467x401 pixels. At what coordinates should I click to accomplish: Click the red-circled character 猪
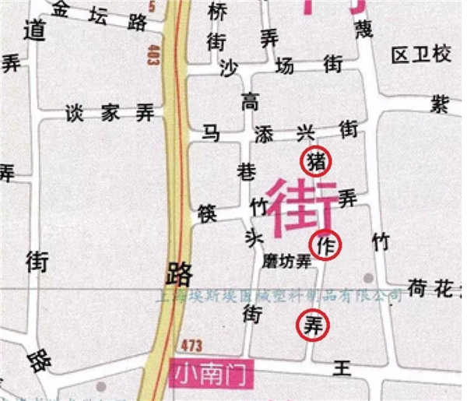pos(316,162)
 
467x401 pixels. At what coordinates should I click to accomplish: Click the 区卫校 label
pos(421,55)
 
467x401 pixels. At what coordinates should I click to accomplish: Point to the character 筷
pos(208,213)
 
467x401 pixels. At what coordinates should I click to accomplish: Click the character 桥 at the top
pos(219,11)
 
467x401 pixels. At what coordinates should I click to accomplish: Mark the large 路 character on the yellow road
pos(178,274)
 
